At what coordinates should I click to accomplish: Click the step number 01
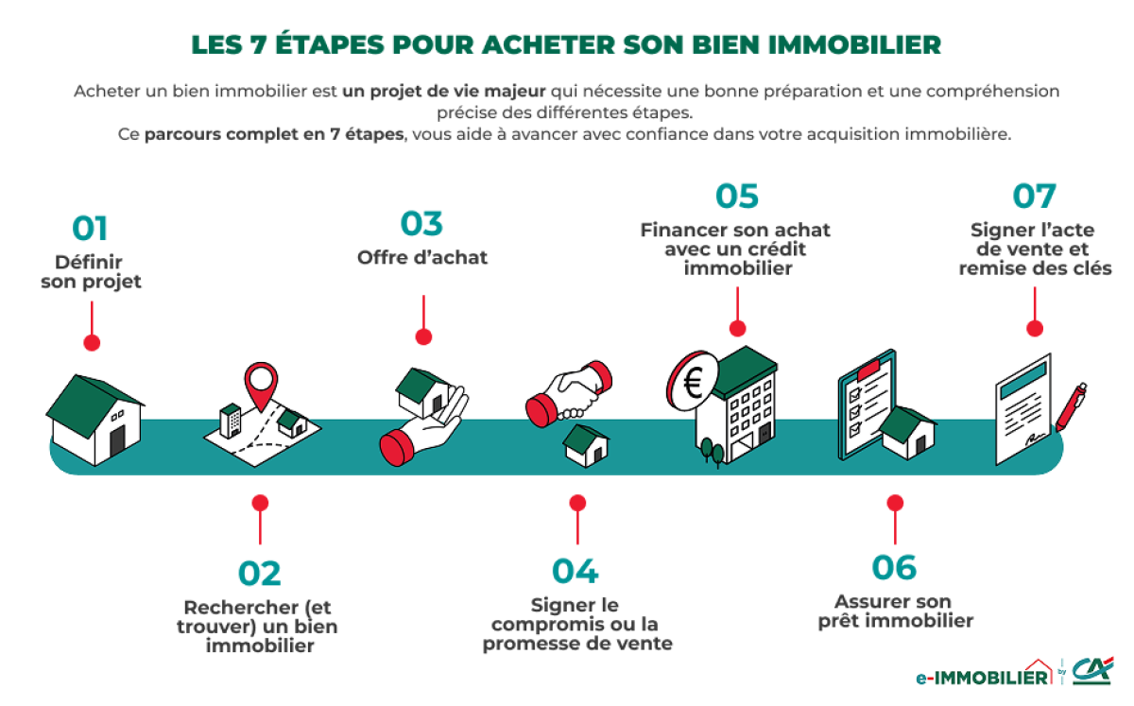tap(91, 229)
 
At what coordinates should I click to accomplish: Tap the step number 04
tap(576, 571)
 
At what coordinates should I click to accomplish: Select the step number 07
tap(1034, 197)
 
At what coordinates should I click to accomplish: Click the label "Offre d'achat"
tap(422, 257)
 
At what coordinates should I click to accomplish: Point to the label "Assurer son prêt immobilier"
tap(893, 611)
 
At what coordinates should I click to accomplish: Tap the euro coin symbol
tap(693, 383)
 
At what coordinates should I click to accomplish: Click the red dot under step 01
tap(92, 342)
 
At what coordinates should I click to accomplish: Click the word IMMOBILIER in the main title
tap(846, 45)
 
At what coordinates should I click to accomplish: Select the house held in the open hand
tap(422, 389)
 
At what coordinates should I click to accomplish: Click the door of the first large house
tap(117, 441)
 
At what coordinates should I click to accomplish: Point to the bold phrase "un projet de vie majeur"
tap(444, 92)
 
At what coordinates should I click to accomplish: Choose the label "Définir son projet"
tap(91, 271)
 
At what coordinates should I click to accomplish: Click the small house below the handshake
tap(586, 444)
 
